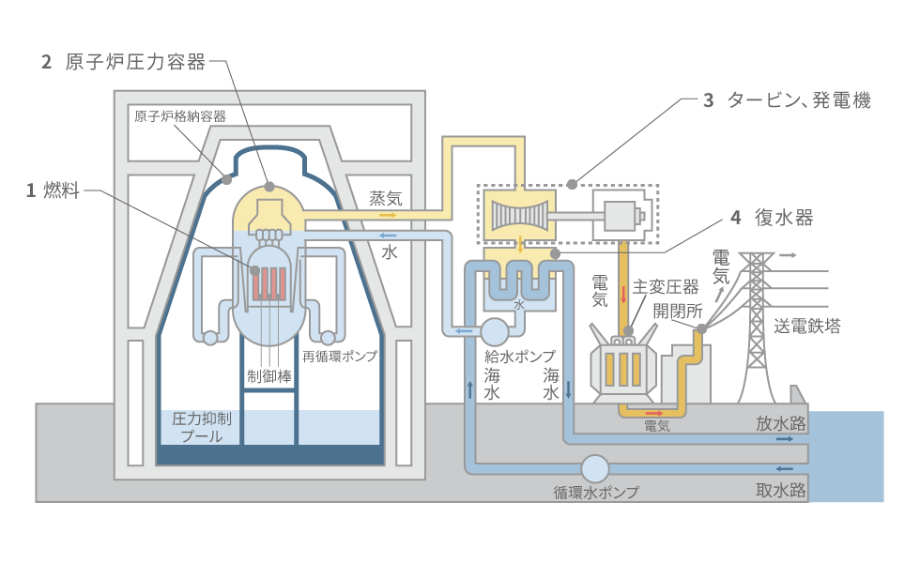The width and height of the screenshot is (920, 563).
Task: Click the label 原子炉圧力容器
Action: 135,63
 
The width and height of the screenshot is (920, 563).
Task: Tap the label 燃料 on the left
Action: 57,190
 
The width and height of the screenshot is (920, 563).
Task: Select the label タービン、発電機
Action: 799,100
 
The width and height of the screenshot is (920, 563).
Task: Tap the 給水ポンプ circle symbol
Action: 494,330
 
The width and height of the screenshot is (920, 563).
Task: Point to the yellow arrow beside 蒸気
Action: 387,215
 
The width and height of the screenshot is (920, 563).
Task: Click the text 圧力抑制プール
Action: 198,427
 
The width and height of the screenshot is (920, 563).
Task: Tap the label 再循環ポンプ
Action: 340,357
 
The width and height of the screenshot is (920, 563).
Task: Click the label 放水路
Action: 781,423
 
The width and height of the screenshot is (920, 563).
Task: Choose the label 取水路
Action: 781,490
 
